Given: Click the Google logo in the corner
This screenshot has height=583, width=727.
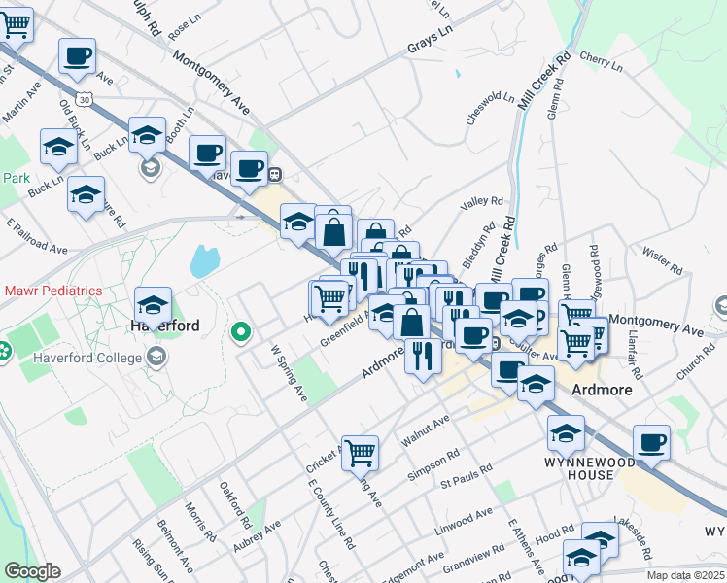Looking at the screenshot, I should click(x=31, y=571).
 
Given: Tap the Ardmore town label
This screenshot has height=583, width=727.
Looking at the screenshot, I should click(x=602, y=390).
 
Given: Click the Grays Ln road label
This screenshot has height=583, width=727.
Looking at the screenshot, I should click(x=431, y=46).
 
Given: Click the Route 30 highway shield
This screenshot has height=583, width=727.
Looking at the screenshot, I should click(x=87, y=99).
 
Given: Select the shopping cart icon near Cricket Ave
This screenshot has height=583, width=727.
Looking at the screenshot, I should click(x=360, y=451).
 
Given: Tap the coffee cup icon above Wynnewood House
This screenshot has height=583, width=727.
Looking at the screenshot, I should click(x=651, y=442).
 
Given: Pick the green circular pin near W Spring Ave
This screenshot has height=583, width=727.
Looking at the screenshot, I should click(x=241, y=333).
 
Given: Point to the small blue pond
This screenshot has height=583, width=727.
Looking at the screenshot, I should click(x=204, y=260).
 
